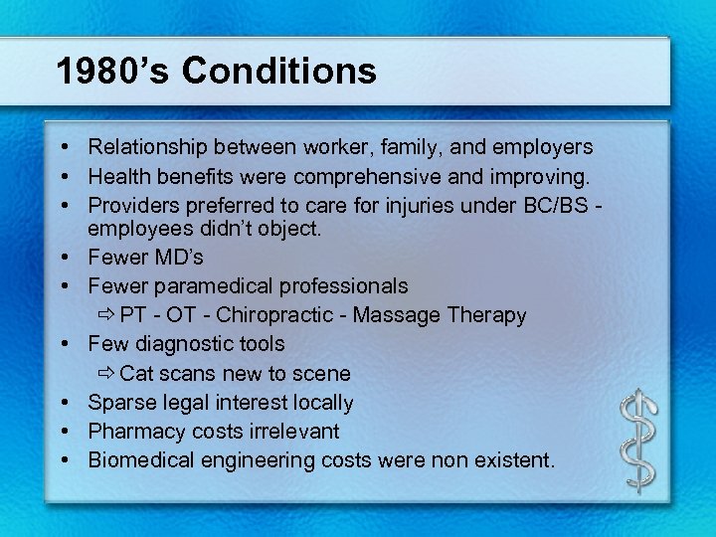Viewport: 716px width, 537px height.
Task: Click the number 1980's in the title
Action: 112,72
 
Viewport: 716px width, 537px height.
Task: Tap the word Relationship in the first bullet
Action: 147,147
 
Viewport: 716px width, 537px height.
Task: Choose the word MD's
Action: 178,258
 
